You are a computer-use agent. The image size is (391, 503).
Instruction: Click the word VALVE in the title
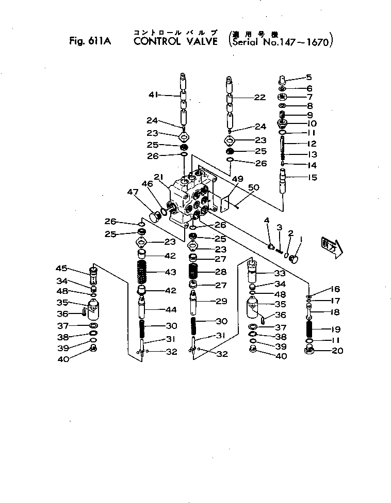coord(202,41)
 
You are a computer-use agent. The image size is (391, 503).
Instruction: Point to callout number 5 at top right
coord(309,77)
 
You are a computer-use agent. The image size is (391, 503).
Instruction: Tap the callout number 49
coord(237,179)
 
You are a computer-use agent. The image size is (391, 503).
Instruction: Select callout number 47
coord(133,192)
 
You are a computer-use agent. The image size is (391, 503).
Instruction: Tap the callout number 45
coord(62,268)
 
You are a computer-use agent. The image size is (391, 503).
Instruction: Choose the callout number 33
coord(280,273)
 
